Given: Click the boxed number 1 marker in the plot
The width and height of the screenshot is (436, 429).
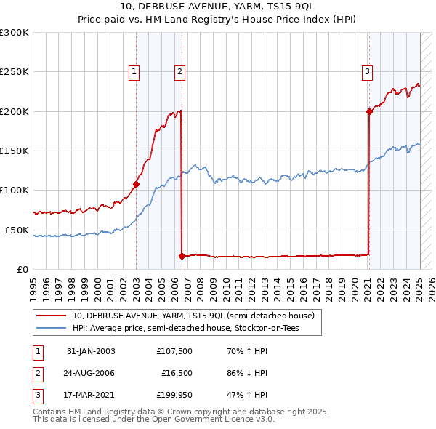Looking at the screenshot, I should [x=135, y=71].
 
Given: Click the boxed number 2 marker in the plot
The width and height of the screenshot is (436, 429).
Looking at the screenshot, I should [x=179, y=71].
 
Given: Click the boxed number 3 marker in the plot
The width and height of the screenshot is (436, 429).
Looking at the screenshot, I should [x=368, y=71].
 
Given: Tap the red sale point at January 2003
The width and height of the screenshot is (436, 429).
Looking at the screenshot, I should [x=136, y=184].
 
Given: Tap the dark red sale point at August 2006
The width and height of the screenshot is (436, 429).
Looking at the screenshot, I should [x=181, y=256].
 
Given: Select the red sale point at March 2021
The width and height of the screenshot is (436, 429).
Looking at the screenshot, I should [x=369, y=111].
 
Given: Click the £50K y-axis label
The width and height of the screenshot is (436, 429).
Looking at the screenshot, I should [x=16, y=230].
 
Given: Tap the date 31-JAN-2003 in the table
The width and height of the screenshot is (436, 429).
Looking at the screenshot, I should [x=91, y=351].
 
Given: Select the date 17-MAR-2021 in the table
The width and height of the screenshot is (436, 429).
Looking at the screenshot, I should [x=91, y=396].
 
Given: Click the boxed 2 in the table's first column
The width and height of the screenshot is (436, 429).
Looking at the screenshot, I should [x=37, y=373].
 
